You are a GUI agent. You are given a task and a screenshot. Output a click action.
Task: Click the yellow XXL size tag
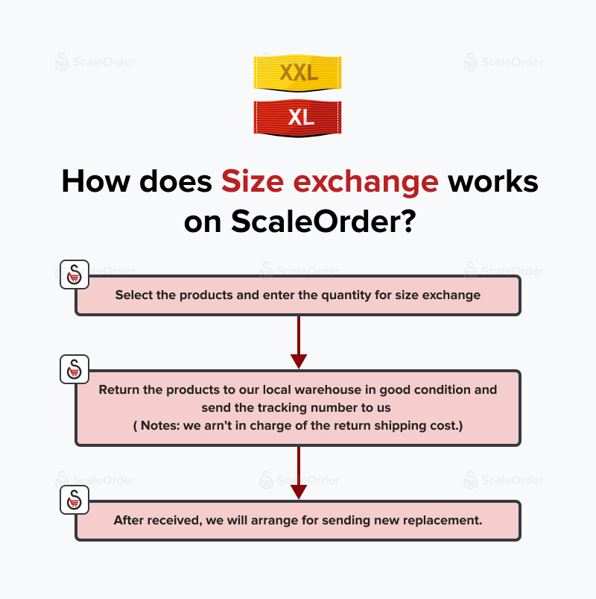click(x=297, y=73)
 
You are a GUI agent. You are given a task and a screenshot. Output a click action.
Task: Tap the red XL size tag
click(x=297, y=118)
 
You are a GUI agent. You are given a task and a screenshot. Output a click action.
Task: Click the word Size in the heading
click(x=253, y=181)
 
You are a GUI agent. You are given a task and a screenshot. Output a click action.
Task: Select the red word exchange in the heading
click(x=366, y=182)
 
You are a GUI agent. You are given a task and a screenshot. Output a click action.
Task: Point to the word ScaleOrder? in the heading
click(x=323, y=222)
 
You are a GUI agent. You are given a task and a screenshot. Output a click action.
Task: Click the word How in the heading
click(x=96, y=181)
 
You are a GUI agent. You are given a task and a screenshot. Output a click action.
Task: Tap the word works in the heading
click(x=493, y=181)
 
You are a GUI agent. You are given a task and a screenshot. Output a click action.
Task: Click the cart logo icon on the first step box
click(x=74, y=275)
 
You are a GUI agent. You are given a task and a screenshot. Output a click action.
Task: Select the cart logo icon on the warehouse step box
click(x=74, y=369)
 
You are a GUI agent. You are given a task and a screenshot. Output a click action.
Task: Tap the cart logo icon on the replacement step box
click(x=74, y=500)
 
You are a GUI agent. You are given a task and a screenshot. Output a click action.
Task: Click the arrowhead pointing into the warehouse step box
click(x=299, y=361)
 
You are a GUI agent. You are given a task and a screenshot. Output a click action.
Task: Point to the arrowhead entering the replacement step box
click(x=299, y=492)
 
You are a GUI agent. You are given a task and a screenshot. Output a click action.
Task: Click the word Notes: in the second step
click(x=160, y=425)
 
